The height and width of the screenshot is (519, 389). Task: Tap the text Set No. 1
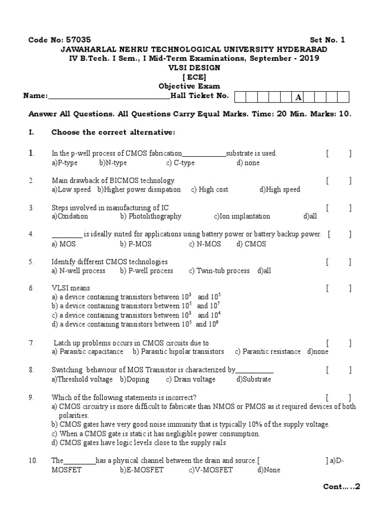(x=327, y=40)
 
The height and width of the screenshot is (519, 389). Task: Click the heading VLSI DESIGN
(x=194, y=68)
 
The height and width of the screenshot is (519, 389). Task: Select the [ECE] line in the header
(x=194, y=77)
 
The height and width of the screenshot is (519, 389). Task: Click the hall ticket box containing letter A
(x=298, y=97)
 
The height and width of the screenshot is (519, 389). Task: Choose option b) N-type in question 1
(x=113, y=163)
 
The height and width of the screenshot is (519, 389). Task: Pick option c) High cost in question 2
(x=210, y=190)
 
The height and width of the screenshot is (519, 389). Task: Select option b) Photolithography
(x=150, y=216)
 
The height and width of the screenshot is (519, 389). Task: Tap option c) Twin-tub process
(x=219, y=271)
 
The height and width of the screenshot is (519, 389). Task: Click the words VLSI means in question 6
(x=71, y=288)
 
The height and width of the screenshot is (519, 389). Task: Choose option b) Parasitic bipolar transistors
(x=178, y=351)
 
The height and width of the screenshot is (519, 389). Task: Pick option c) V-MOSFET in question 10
(x=211, y=470)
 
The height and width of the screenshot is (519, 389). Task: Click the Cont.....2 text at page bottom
(x=341, y=487)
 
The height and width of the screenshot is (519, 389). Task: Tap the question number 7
(x=31, y=343)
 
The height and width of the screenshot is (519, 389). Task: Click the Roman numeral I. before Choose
(x=31, y=132)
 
